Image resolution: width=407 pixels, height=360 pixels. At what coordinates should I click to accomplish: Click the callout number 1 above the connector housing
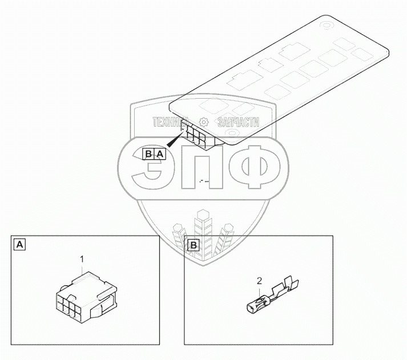(82, 259)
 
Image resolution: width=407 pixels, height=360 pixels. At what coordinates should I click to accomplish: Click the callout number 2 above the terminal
(260, 281)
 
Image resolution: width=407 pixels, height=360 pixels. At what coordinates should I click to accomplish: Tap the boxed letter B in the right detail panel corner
(194, 245)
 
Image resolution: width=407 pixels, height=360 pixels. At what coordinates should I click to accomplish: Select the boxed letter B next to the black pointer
(148, 154)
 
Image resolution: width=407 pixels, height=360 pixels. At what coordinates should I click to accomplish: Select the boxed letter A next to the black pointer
(160, 154)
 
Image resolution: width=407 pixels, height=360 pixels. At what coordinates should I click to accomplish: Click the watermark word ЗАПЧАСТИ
(239, 122)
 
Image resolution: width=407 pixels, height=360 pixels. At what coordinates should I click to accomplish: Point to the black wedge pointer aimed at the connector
(173, 141)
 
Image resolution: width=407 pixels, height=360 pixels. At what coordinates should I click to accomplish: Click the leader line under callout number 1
(82, 271)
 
